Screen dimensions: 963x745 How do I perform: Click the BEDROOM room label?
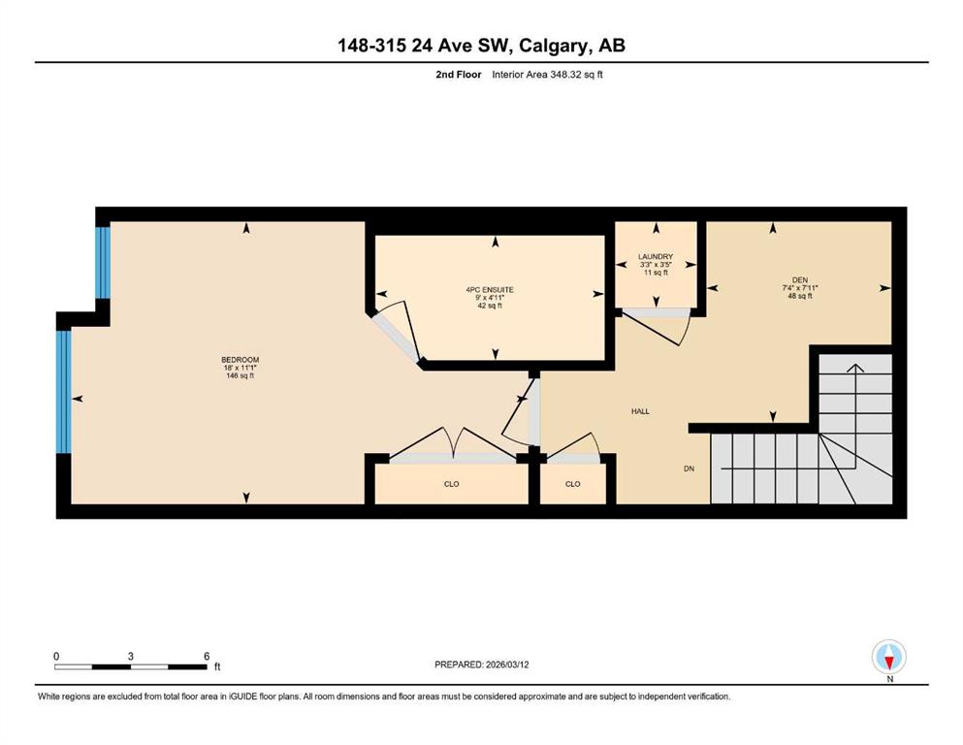coord(241,359)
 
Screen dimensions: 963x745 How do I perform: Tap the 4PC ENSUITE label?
coord(490,289)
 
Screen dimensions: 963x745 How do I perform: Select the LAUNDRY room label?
coord(656,257)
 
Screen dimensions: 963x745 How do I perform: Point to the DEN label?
coord(800,280)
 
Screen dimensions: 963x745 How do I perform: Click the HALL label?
coord(640,411)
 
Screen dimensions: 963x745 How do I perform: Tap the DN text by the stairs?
coord(690,469)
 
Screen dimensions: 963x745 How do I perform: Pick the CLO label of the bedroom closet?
coord(451,484)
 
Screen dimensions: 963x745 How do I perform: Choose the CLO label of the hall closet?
coord(572,484)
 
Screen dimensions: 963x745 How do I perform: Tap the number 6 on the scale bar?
coord(207,656)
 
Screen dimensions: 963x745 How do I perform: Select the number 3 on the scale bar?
coord(130,656)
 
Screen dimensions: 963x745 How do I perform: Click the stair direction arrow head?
coord(855,368)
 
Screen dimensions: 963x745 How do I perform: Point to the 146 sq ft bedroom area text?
coord(241,375)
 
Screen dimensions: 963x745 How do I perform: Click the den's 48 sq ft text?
coord(800,296)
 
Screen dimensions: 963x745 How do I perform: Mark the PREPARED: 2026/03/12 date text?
coord(481,664)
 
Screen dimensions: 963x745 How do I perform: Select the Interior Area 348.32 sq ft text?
coord(547,75)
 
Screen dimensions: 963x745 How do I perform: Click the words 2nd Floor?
coord(458,75)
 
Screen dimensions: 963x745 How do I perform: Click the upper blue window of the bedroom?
coord(103,263)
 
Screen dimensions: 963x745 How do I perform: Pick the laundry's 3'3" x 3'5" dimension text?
coord(656,265)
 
